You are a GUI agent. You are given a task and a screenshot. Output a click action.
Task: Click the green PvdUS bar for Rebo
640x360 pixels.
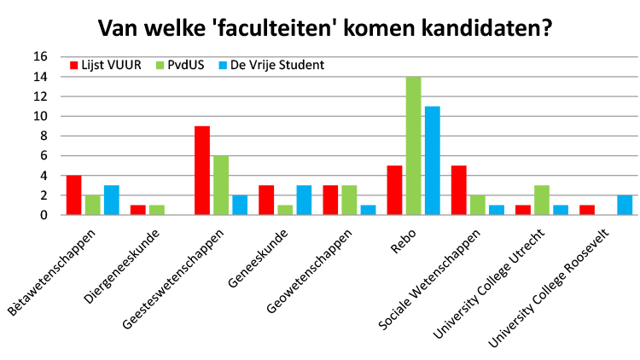coord(413,146)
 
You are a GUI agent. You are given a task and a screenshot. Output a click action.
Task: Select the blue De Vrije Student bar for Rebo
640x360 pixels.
coord(432,160)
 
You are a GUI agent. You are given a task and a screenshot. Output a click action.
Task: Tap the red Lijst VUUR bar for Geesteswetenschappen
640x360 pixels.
coord(202,171)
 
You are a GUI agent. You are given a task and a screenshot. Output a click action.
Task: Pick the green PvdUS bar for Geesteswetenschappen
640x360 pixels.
coord(220,185)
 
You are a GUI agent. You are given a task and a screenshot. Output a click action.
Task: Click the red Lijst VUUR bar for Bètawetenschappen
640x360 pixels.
coord(74,195)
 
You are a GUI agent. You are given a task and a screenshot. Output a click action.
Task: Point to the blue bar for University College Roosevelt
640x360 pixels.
coord(625,206)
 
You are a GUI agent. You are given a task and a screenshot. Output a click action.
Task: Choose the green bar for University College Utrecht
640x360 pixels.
coord(542,200)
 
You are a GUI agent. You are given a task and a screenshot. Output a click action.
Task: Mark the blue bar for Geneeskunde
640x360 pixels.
coord(304,200)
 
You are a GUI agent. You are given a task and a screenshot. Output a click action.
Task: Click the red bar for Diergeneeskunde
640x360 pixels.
coord(138,210)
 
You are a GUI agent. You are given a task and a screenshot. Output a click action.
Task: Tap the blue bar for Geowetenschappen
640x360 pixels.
coord(368,210)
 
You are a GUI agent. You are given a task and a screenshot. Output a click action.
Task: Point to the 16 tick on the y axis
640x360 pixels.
coord(39,57)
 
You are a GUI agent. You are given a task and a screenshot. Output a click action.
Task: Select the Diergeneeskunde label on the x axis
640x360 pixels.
coord(124,259)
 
